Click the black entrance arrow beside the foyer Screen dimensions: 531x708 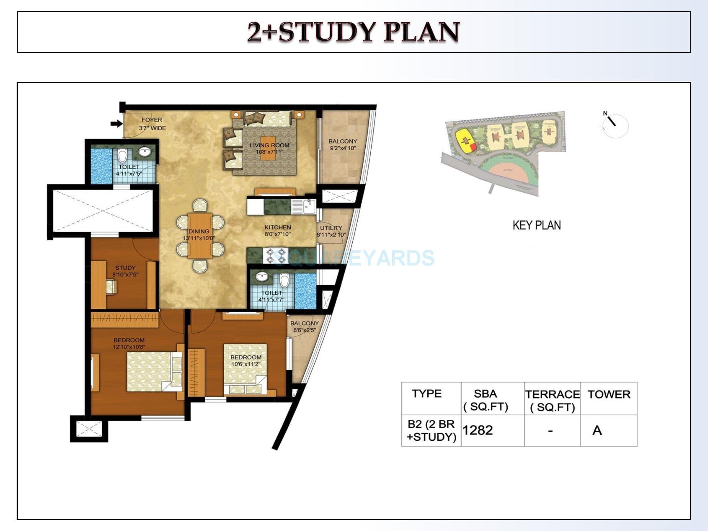(x=116, y=124)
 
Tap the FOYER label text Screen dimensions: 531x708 (x=152, y=120)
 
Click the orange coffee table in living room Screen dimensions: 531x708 (x=268, y=148)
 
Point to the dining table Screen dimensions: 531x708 (x=200, y=235)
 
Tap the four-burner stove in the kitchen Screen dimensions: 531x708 (x=276, y=256)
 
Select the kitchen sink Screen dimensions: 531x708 (x=309, y=206)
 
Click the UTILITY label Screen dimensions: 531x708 (x=331, y=228)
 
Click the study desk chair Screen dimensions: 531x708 (x=111, y=286)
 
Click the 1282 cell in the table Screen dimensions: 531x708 (x=478, y=430)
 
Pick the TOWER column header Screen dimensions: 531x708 (x=609, y=394)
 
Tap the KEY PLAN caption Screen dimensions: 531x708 (x=536, y=225)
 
